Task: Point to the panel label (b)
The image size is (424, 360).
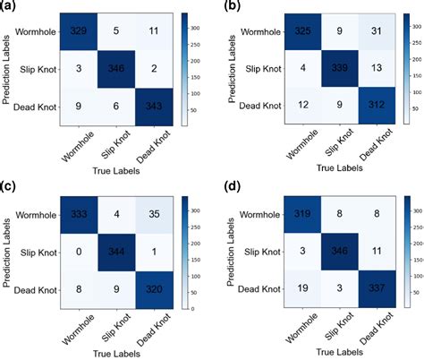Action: click(x=228, y=7)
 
